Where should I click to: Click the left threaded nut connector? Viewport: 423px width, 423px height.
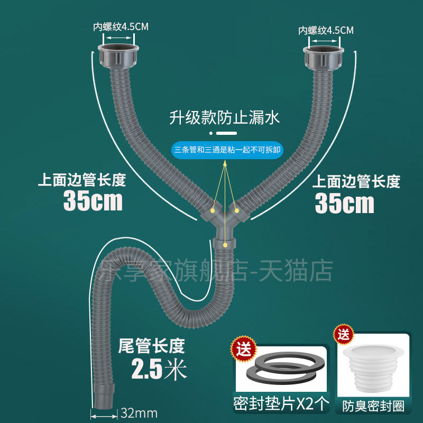coord(118,56)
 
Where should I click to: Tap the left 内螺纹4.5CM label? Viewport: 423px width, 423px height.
coord(121,27)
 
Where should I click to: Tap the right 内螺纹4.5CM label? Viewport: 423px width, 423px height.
coord(326,30)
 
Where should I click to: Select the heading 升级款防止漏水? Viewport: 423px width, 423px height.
coord(224,117)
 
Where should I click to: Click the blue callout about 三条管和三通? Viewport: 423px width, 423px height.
coord(227,150)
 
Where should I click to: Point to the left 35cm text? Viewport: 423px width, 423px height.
coord(93,200)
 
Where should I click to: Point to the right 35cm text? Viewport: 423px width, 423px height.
coord(345,203)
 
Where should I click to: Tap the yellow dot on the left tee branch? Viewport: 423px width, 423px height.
coord(213,210)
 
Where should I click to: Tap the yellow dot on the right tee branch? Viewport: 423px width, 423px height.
coord(236,210)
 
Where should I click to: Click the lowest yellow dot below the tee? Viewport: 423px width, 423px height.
coord(225,245)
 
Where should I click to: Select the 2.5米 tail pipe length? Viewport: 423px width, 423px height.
coord(159,369)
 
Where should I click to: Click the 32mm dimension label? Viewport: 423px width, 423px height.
coord(139,413)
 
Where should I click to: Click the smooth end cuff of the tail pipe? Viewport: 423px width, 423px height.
coord(103,396)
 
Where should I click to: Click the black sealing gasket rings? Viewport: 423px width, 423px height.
coord(286,368)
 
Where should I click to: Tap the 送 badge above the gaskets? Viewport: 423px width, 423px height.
coord(244,349)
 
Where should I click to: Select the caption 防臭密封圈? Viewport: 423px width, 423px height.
coord(373,406)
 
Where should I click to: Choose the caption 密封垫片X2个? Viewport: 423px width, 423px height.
coord(281,404)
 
